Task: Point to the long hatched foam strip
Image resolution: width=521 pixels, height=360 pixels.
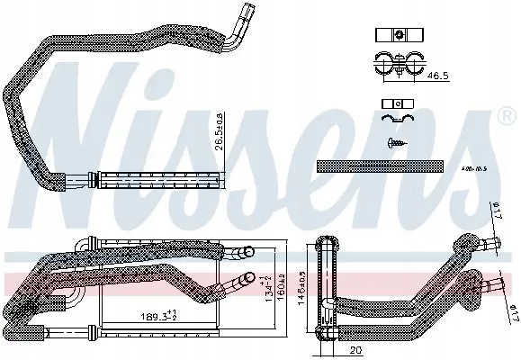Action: pos(380,166)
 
